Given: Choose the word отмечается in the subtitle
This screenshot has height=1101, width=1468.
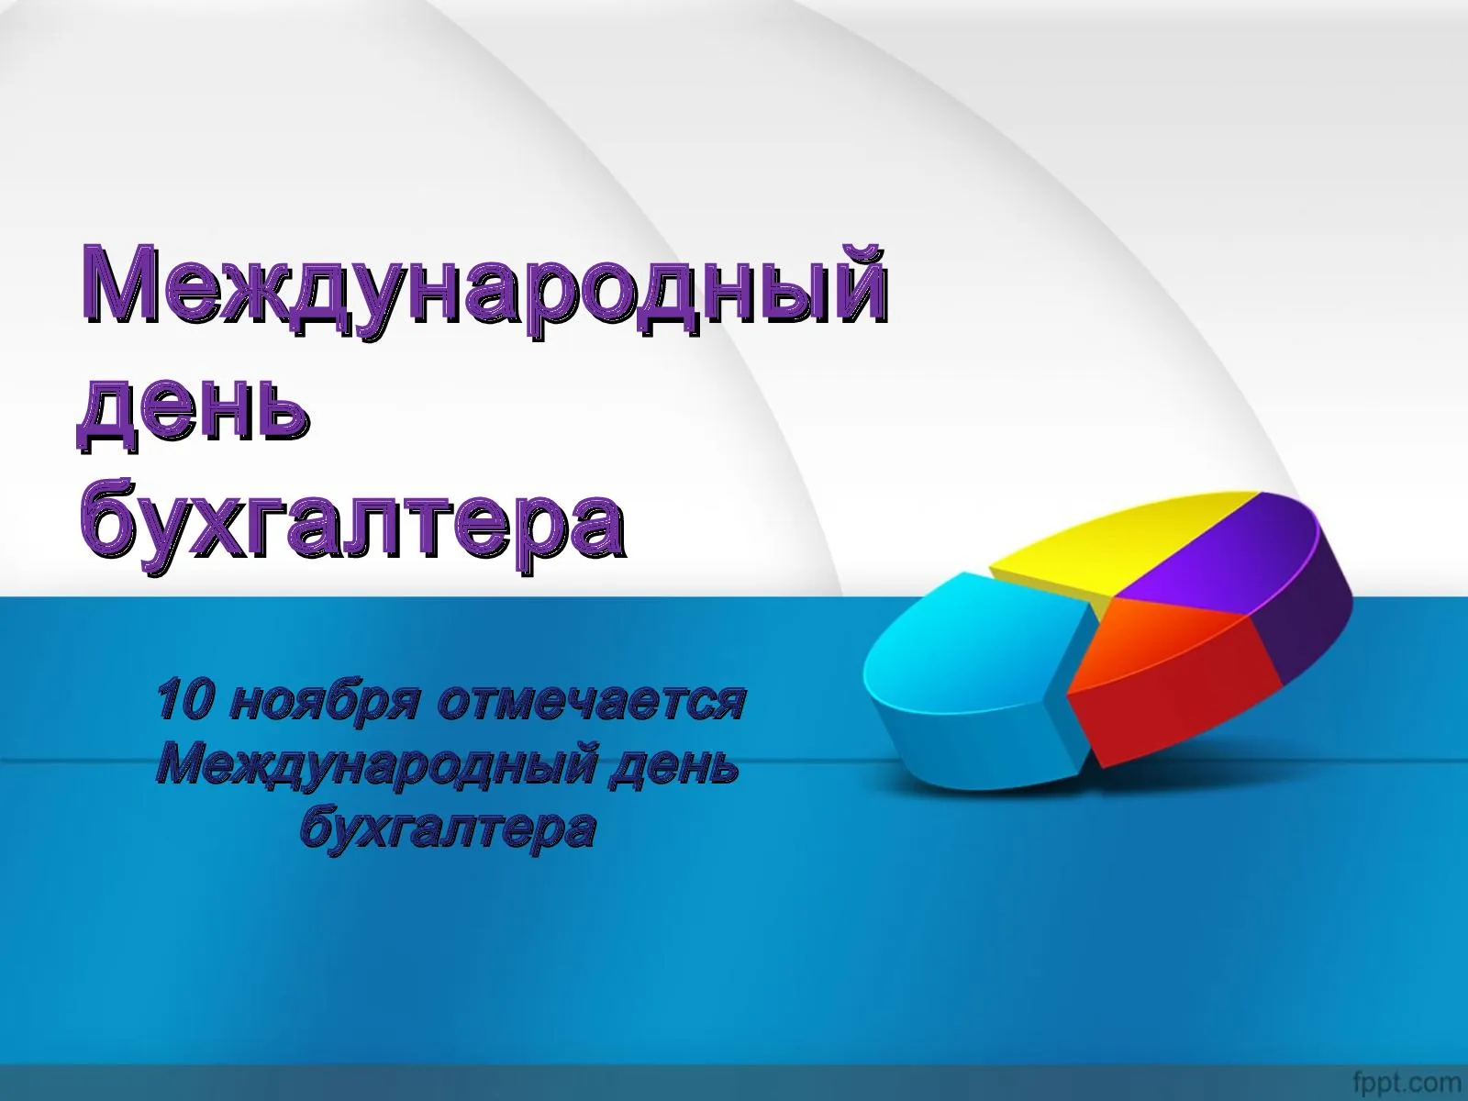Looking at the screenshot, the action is click(x=592, y=702).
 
